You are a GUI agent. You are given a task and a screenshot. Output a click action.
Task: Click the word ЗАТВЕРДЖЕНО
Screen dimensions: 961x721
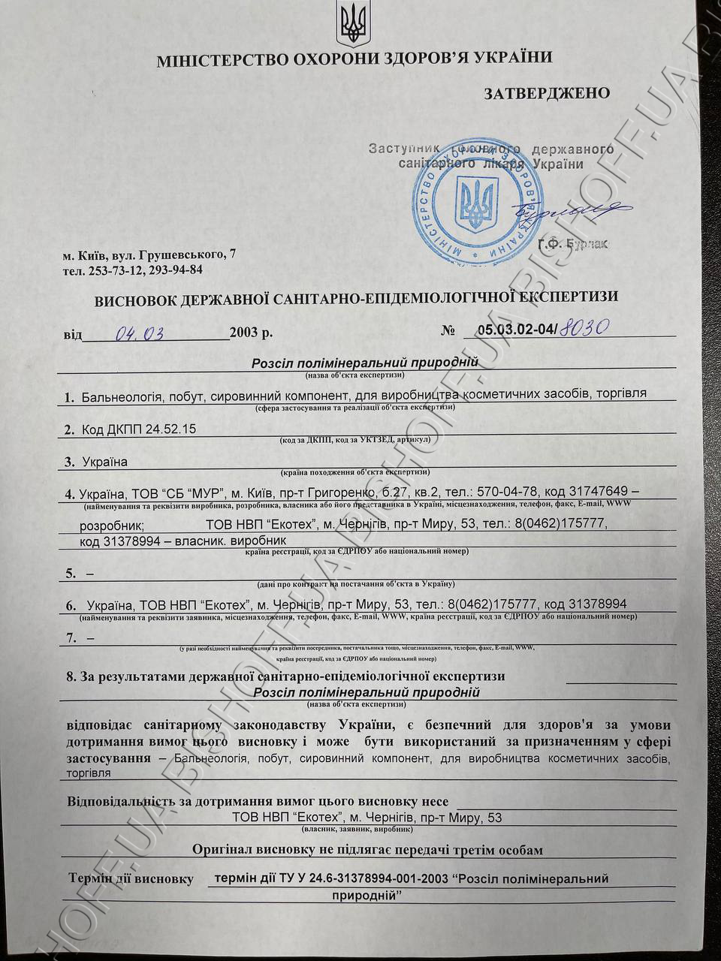(546, 93)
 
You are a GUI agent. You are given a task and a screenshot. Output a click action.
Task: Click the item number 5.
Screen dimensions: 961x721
(71, 574)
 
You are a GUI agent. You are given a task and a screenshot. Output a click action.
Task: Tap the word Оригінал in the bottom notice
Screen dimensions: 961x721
(222, 849)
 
